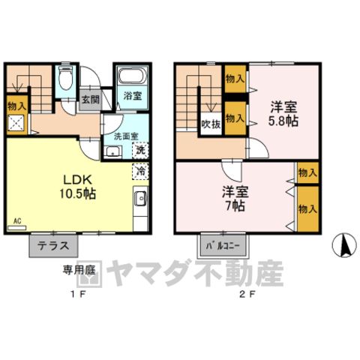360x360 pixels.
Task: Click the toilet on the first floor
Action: click(65, 77)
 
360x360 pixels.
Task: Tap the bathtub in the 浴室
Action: click(132, 76)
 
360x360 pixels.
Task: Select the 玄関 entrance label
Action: click(91, 100)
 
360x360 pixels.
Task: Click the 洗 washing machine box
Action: click(140, 150)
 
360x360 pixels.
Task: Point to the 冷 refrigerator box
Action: click(140, 171)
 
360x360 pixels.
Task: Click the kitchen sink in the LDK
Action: click(140, 199)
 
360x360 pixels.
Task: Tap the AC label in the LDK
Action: click(17, 220)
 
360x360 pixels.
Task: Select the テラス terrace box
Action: click(53, 246)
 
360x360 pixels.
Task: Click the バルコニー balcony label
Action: click(223, 246)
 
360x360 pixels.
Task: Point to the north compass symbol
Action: click(344, 244)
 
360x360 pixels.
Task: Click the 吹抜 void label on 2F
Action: click(211, 124)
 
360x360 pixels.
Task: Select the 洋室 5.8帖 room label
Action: click(283, 115)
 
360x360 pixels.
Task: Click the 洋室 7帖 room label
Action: click(235, 199)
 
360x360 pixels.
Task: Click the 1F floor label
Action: click(78, 295)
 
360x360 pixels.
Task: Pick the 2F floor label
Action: click(247, 295)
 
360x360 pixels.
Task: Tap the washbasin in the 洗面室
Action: click(112, 151)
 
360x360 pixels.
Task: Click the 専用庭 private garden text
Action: click(79, 270)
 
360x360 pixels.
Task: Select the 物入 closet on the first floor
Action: click(16, 106)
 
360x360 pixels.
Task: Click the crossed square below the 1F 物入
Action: click(16, 122)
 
